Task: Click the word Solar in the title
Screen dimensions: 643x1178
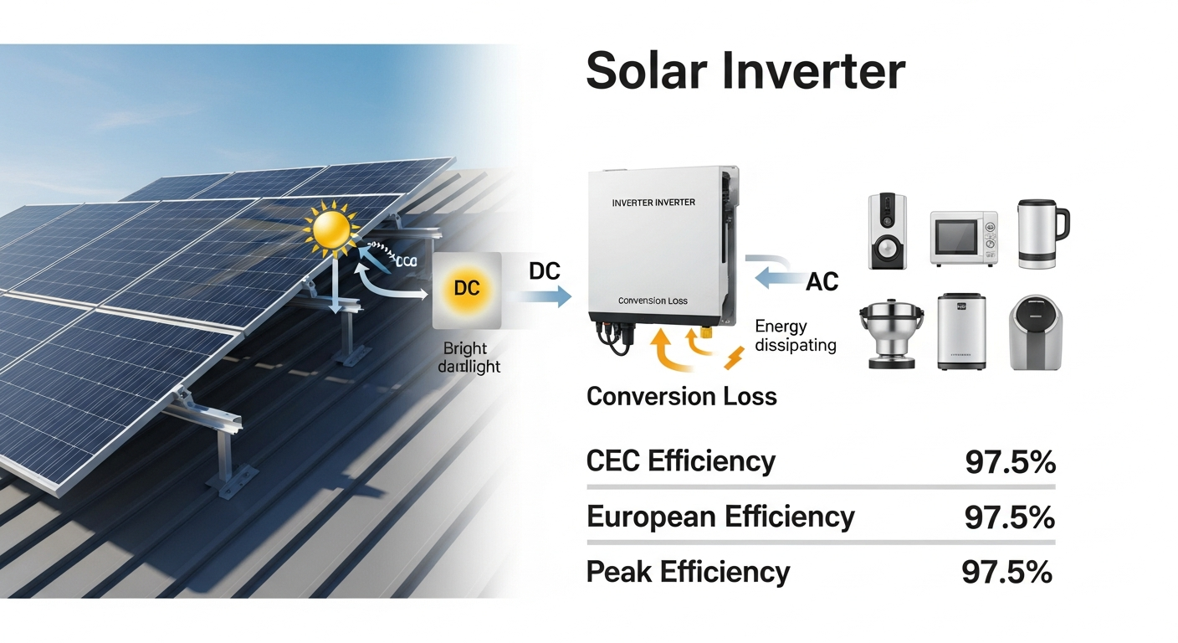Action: (x=646, y=71)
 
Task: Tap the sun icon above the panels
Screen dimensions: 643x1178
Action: (x=332, y=229)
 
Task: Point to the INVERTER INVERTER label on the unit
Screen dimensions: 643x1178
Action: (x=653, y=203)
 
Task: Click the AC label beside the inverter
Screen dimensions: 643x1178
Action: (x=822, y=282)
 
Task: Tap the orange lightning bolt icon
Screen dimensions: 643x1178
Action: (x=733, y=358)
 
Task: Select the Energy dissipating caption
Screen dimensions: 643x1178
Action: (x=795, y=335)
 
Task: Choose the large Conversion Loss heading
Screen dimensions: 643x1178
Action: (x=681, y=396)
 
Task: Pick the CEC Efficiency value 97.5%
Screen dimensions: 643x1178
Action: (x=1010, y=462)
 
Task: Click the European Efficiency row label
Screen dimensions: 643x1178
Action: (x=720, y=517)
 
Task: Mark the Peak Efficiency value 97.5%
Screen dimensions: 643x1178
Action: (x=1006, y=572)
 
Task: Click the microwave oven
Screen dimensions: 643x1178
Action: (x=964, y=238)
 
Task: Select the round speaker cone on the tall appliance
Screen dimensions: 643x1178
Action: (x=886, y=249)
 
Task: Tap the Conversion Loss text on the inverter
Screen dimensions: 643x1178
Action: (x=653, y=301)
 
